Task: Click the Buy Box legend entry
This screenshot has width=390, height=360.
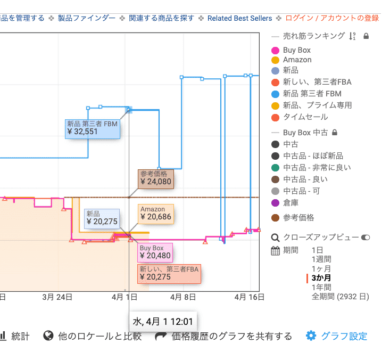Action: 296,50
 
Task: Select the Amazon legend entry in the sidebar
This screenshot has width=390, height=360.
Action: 297,60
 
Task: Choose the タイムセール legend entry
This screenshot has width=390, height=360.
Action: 305,117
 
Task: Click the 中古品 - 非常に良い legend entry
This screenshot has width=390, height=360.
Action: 317,168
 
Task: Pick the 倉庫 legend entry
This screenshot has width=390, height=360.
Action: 291,203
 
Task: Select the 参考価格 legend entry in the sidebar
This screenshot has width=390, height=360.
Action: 298,217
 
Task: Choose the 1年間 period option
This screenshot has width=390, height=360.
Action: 321,287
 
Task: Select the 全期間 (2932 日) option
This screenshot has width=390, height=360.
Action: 340,297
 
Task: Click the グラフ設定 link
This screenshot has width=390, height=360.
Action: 344,336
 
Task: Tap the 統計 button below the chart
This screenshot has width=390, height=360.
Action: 22,336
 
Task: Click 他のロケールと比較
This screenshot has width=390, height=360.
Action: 99,336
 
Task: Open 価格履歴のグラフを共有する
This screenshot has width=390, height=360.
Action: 231,336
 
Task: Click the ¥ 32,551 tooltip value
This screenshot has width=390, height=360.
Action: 82,132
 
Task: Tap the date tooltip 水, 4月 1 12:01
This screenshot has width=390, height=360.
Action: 163,322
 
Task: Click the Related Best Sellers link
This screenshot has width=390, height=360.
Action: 239,18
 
